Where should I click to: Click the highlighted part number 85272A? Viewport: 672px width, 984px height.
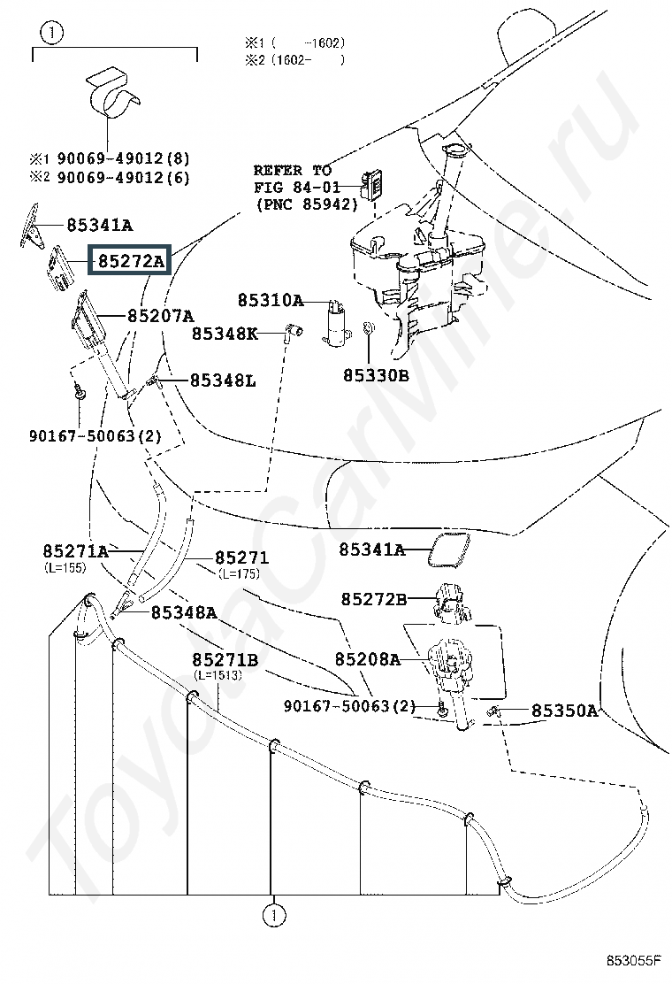tap(129, 260)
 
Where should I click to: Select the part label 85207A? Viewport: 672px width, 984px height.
tap(160, 316)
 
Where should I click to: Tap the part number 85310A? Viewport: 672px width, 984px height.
tap(271, 301)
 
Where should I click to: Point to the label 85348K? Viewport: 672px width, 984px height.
tap(225, 334)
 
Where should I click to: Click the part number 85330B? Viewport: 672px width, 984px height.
tap(376, 375)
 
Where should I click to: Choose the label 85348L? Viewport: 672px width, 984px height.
tap(223, 381)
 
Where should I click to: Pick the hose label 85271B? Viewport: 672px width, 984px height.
tap(225, 660)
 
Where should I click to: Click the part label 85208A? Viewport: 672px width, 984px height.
tap(367, 659)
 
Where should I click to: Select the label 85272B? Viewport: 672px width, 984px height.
tap(374, 599)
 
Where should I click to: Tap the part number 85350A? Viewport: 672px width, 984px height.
tap(564, 711)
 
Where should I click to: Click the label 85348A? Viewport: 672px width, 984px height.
tap(184, 612)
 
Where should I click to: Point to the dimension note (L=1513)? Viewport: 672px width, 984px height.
tap(218, 675)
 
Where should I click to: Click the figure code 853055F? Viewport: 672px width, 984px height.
tap(634, 960)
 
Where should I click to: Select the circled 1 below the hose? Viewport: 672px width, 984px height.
tap(273, 916)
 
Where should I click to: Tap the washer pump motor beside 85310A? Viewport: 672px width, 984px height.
tap(335, 322)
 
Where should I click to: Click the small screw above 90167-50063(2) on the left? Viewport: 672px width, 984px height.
tap(79, 393)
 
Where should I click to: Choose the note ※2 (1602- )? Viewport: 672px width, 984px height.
tap(294, 60)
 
